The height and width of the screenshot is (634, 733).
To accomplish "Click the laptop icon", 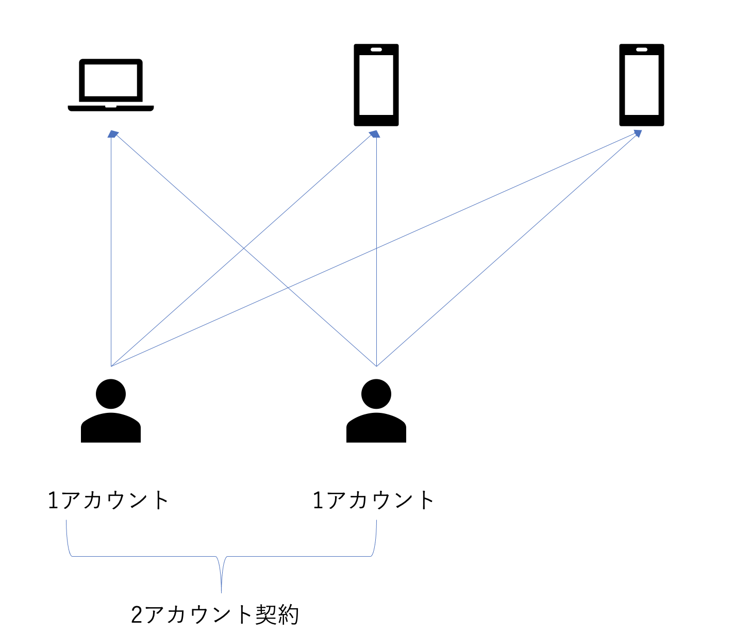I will tap(111, 85).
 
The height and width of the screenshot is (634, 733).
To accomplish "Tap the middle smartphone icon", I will tap(376, 85).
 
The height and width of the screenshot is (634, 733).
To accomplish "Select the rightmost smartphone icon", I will tap(642, 85).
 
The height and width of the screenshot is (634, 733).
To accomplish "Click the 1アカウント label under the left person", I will tap(108, 500).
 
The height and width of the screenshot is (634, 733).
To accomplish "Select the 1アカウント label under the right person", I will tap(374, 500).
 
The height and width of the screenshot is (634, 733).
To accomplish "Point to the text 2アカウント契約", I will tap(215, 614).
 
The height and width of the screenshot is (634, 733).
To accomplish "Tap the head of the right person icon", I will tap(376, 394).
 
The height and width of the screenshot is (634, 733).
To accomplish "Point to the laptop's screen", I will tap(111, 80).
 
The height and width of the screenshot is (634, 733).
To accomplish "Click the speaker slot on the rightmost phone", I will tap(642, 49).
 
